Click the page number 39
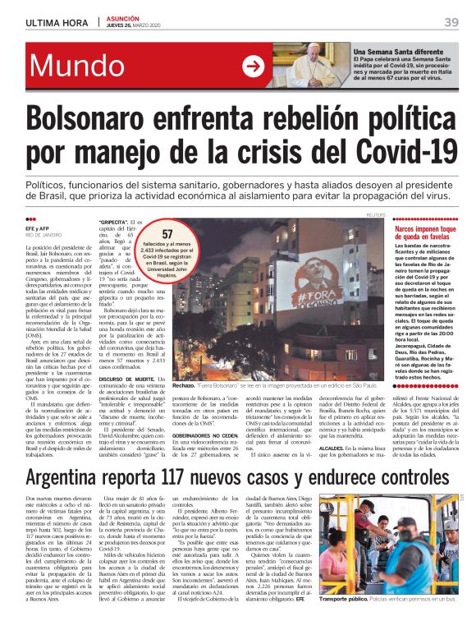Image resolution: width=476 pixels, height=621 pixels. pyautogui.click(x=451, y=21)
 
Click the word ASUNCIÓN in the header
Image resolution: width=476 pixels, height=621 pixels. pyautogui.click(x=125, y=18)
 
